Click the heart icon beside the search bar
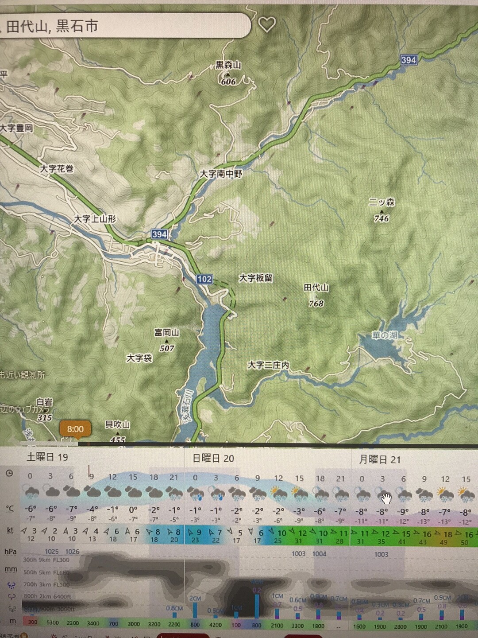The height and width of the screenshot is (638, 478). click(x=267, y=24)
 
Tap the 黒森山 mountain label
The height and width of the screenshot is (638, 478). click(x=228, y=65)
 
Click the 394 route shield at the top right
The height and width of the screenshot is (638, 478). click(x=409, y=60)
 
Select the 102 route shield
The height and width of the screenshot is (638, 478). click(x=204, y=279)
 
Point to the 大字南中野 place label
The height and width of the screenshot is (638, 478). click(x=221, y=174)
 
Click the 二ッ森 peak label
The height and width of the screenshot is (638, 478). click(x=382, y=202)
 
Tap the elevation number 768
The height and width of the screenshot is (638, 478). click(x=316, y=303)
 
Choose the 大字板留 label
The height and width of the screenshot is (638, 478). click(x=256, y=278)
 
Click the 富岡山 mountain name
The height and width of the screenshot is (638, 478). click(x=166, y=332)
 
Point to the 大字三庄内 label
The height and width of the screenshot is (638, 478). click(x=268, y=365)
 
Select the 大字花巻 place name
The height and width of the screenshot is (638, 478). click(x=57, y=169)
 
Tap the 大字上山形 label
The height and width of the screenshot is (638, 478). click(x=95, y=219)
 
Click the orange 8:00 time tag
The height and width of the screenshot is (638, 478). click(x=75, y=429)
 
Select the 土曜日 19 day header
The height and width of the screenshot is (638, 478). click(x=47, y=457)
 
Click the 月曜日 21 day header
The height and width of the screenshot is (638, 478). click(x=380, y=459)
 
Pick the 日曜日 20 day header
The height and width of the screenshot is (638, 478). click(x=213, y=459)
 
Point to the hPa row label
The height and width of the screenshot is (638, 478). click(x=11, y=552)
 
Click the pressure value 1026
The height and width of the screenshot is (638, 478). click(x=72, y=552)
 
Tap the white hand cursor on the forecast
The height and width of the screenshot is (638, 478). click(x=386, y=499)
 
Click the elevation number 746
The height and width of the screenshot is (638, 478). click(x=381, y=218)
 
